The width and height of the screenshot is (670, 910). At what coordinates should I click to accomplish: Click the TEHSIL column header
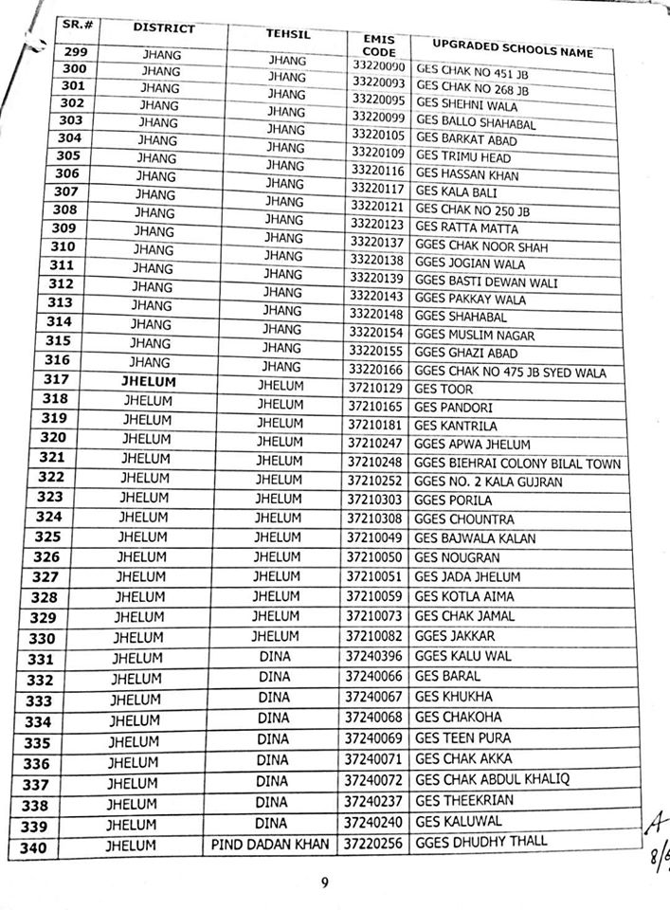point(288,35)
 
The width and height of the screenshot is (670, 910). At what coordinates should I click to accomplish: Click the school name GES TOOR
point(444,389)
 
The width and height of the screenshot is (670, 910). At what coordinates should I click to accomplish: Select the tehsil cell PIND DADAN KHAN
point(271,843)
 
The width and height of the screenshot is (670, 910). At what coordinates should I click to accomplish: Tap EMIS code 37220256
point(374,842)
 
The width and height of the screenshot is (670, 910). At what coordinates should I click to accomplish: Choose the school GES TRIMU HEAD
point(463,157)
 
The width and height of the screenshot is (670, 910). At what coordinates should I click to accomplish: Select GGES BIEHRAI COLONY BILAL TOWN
point(517,464)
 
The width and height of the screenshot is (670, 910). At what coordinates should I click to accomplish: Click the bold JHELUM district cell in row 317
point(152,382)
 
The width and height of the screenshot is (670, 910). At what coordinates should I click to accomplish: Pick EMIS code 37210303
point(376,500)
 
